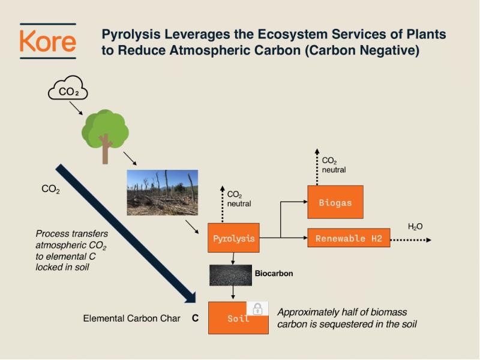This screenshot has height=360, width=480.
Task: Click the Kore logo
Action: [x=48, y=41]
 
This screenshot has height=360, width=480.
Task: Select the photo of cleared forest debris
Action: [x=162, y=192]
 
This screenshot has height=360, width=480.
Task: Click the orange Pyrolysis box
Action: [x=233, y=238]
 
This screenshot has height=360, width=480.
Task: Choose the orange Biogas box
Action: [x=335, y=202]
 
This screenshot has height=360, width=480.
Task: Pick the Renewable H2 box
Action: [x=349, y=238]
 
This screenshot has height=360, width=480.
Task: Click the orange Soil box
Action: [x=238, y=318]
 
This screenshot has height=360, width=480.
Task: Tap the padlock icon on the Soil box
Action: [x=257, y=309]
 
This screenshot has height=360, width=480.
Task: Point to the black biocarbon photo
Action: [x=230, y=275]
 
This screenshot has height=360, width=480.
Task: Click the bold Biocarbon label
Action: [x=274, y=274]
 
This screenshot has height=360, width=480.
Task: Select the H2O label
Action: [x=415, y=226]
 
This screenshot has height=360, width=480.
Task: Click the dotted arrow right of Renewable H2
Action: [x=411, y=239]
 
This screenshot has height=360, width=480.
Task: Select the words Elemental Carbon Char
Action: [x=131, y=319]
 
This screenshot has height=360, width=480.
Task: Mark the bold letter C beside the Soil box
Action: [x=195, y=319]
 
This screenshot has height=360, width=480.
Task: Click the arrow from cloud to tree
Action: [x=76, y=109]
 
